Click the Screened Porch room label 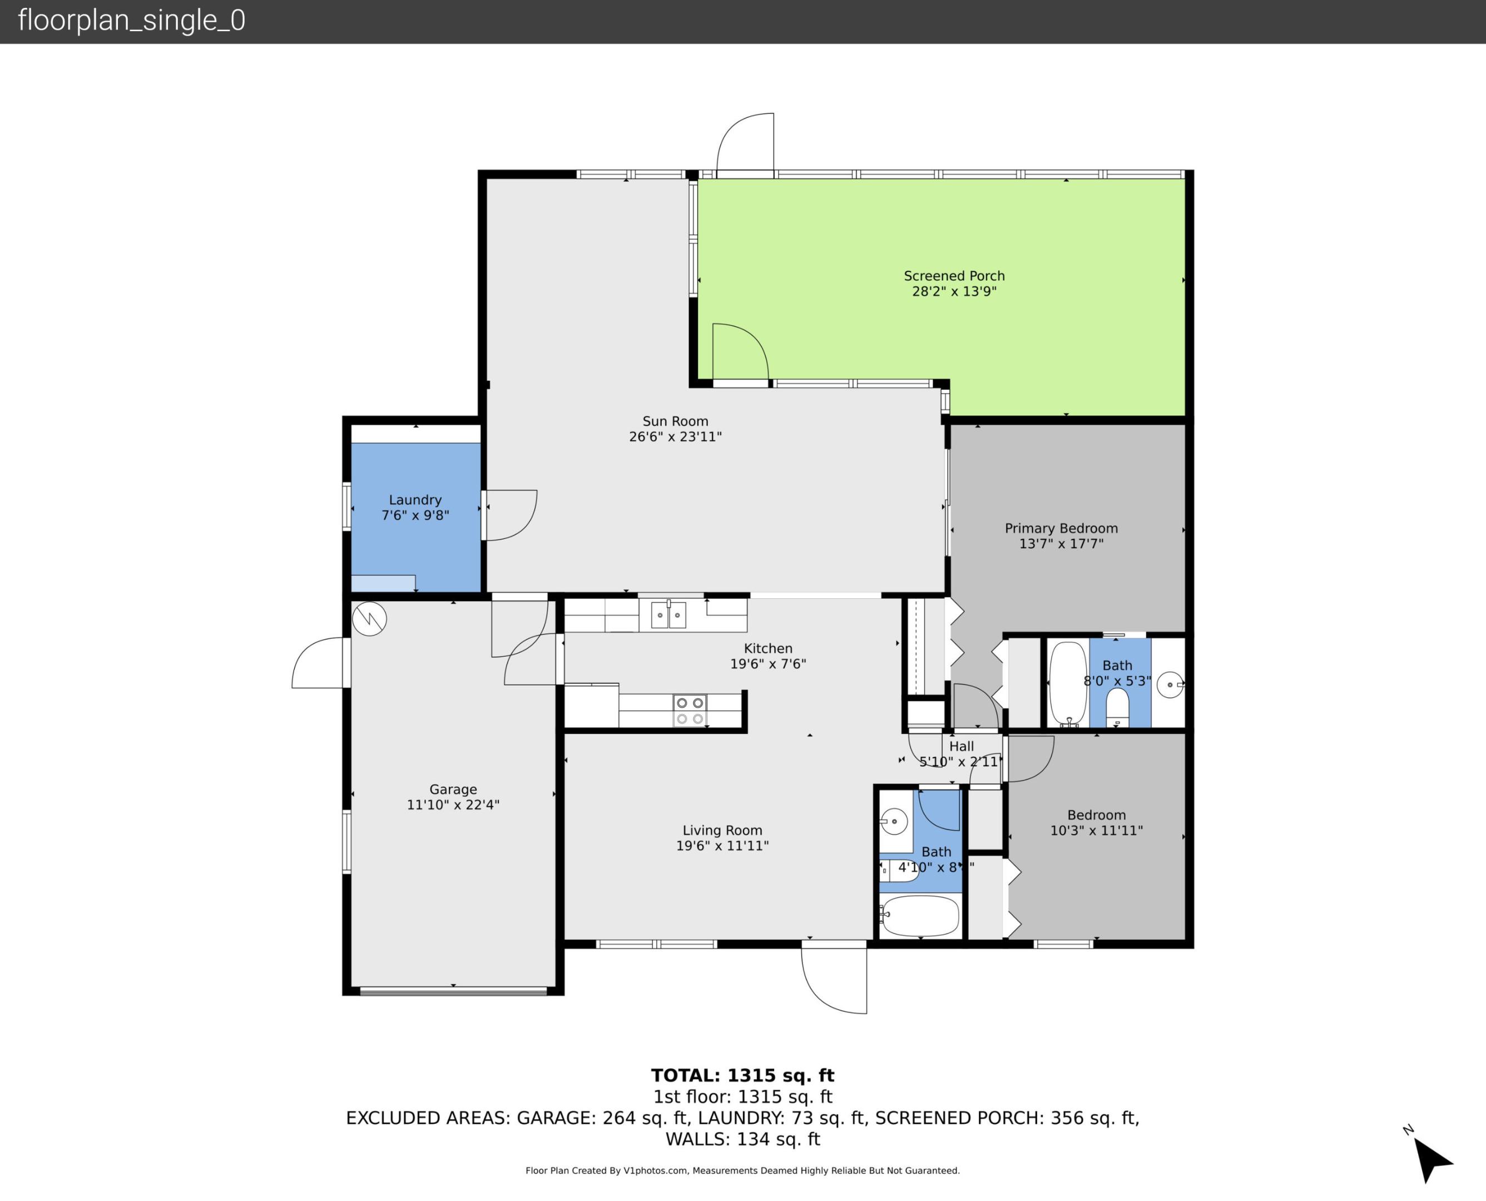(x=953, y=276)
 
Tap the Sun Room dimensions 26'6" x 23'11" (x=675, y=436)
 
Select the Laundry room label (x=414, y=499)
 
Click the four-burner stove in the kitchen (x=690, y=711)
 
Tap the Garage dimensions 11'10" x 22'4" (x=453, y=805)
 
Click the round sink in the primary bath (x=1169, y=684)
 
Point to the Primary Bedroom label (x=1061, y=528)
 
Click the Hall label (x=961, y=746)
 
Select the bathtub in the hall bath (x=920, y=915)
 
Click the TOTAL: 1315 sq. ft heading (x=742, y=1075)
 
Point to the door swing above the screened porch (x=746, y=143)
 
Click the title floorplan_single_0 (x=131, y=21)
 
